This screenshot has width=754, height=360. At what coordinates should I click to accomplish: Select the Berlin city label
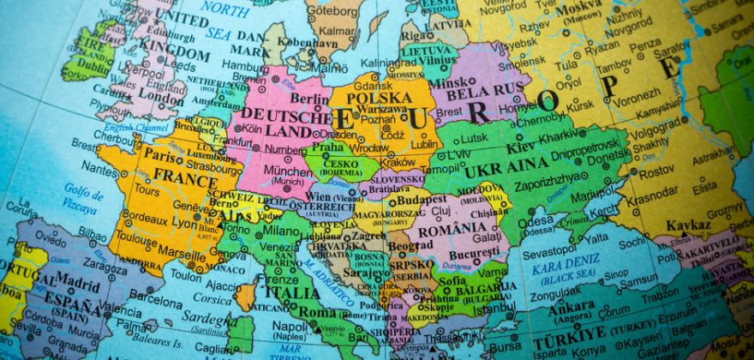point(309,99)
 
